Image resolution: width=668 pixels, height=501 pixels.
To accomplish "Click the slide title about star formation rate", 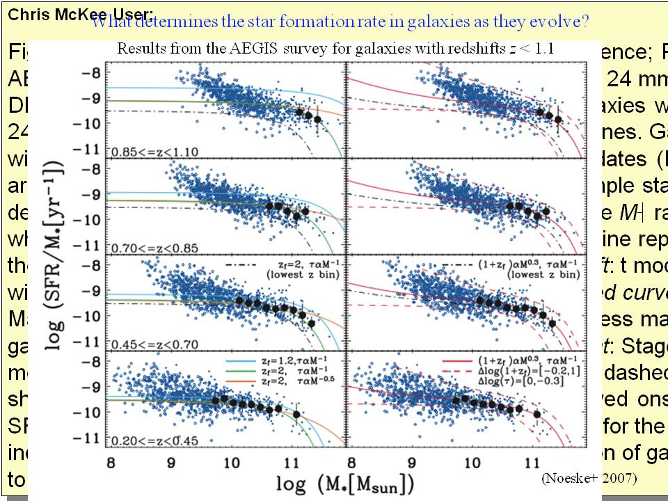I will [340, 22].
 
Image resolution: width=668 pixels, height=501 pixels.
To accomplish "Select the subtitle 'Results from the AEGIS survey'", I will [335, 49].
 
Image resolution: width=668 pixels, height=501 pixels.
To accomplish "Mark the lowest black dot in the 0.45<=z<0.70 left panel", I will [312, 323].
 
